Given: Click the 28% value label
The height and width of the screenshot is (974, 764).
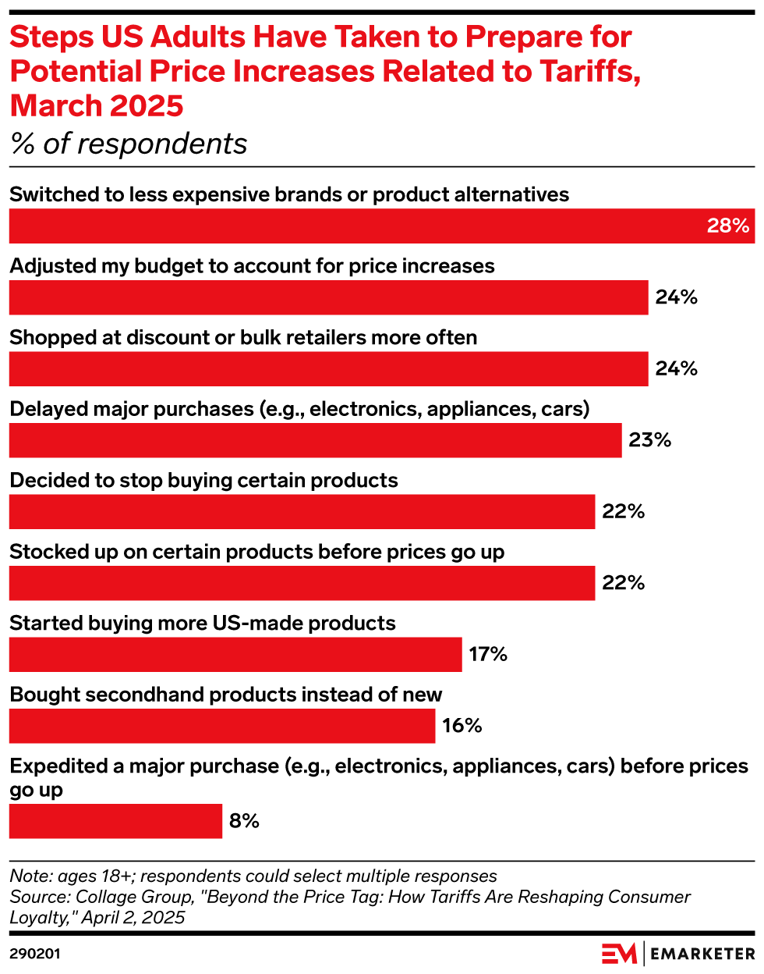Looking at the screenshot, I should [x=728, y=226].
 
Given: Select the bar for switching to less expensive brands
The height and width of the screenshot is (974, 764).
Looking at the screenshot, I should [x=351, y=226].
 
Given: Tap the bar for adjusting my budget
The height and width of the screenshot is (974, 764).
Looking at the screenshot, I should [x=328, y=297].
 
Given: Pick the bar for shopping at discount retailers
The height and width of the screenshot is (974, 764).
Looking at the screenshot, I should [x=328, y=369].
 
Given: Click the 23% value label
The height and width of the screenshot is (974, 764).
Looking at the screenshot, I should [x=650, y=440].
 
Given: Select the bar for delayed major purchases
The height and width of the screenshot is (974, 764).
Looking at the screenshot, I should [x=315, y=440].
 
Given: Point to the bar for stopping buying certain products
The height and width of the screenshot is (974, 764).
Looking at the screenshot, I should [x=302, y=512].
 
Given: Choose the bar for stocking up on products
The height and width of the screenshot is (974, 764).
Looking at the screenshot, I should [x=302, y=583].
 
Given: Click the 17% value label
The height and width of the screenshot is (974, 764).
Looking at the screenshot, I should [x=488, y=655].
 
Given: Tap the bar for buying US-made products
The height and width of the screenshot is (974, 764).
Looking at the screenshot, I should [x=235, y=655].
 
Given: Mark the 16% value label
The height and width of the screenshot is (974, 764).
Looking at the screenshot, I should [x=462, y=726].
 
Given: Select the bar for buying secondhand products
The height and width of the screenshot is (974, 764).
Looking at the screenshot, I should [x=222, y=726].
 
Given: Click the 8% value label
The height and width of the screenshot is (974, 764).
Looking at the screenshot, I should [x=244, y=821].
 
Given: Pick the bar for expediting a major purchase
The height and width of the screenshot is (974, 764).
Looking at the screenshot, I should [x=115, y=821].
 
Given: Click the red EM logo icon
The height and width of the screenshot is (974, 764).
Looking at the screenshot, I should [x=619, y=954].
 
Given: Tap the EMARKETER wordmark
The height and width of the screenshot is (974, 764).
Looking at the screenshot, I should [x=702, y=954].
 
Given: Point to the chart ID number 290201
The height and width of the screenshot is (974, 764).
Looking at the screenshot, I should [x=35, y=954].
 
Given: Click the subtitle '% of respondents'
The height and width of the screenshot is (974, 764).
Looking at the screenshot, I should [x=129, y=144].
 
